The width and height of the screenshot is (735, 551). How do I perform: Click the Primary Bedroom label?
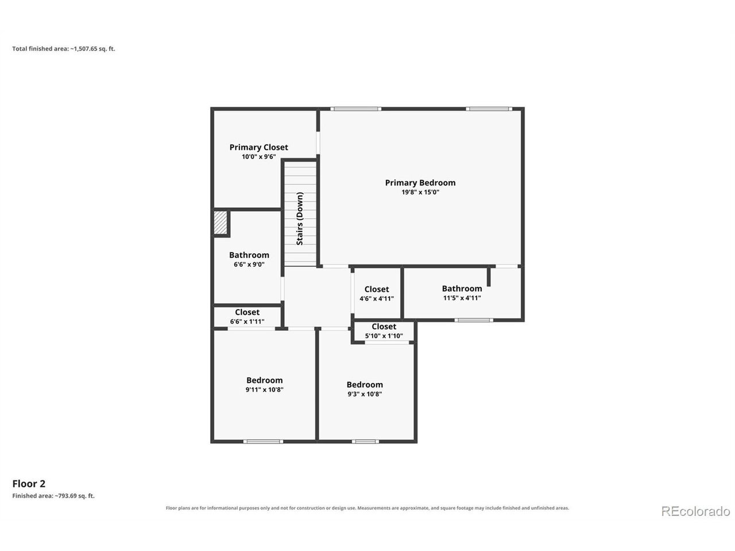pos(420,183)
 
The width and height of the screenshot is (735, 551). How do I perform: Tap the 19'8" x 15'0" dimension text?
pos(420,192)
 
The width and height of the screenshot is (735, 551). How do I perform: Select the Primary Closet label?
pos(258,148)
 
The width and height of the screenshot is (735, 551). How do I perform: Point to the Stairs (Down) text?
pos(300,219)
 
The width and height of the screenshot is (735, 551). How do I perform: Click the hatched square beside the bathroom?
pos(220,223)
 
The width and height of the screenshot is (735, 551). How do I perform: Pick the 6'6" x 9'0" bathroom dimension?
pos(249,264)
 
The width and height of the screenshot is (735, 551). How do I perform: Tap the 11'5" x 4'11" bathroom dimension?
pos(462,298)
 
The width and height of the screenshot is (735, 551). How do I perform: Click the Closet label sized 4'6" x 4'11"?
pos(377,289)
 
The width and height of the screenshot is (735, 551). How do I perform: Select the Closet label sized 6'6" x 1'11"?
pos(247,312)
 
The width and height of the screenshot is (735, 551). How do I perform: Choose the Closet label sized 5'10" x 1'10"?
pos(384,327)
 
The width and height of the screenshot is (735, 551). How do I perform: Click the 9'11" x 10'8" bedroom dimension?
pos(264,389)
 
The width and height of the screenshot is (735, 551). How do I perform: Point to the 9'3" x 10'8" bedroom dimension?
pos(365,394)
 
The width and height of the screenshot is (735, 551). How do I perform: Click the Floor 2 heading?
pos(29,484)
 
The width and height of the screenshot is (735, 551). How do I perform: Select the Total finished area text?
pos(64,49)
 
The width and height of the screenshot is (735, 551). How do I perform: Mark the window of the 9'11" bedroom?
pos(263,441)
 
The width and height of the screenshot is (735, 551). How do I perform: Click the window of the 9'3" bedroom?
pos(365,441)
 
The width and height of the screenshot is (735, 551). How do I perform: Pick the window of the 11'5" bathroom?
pos(474,320)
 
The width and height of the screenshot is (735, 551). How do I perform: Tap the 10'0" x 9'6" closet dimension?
pos(259,157)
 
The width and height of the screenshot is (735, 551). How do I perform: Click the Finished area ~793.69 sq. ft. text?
pos(53,496)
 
